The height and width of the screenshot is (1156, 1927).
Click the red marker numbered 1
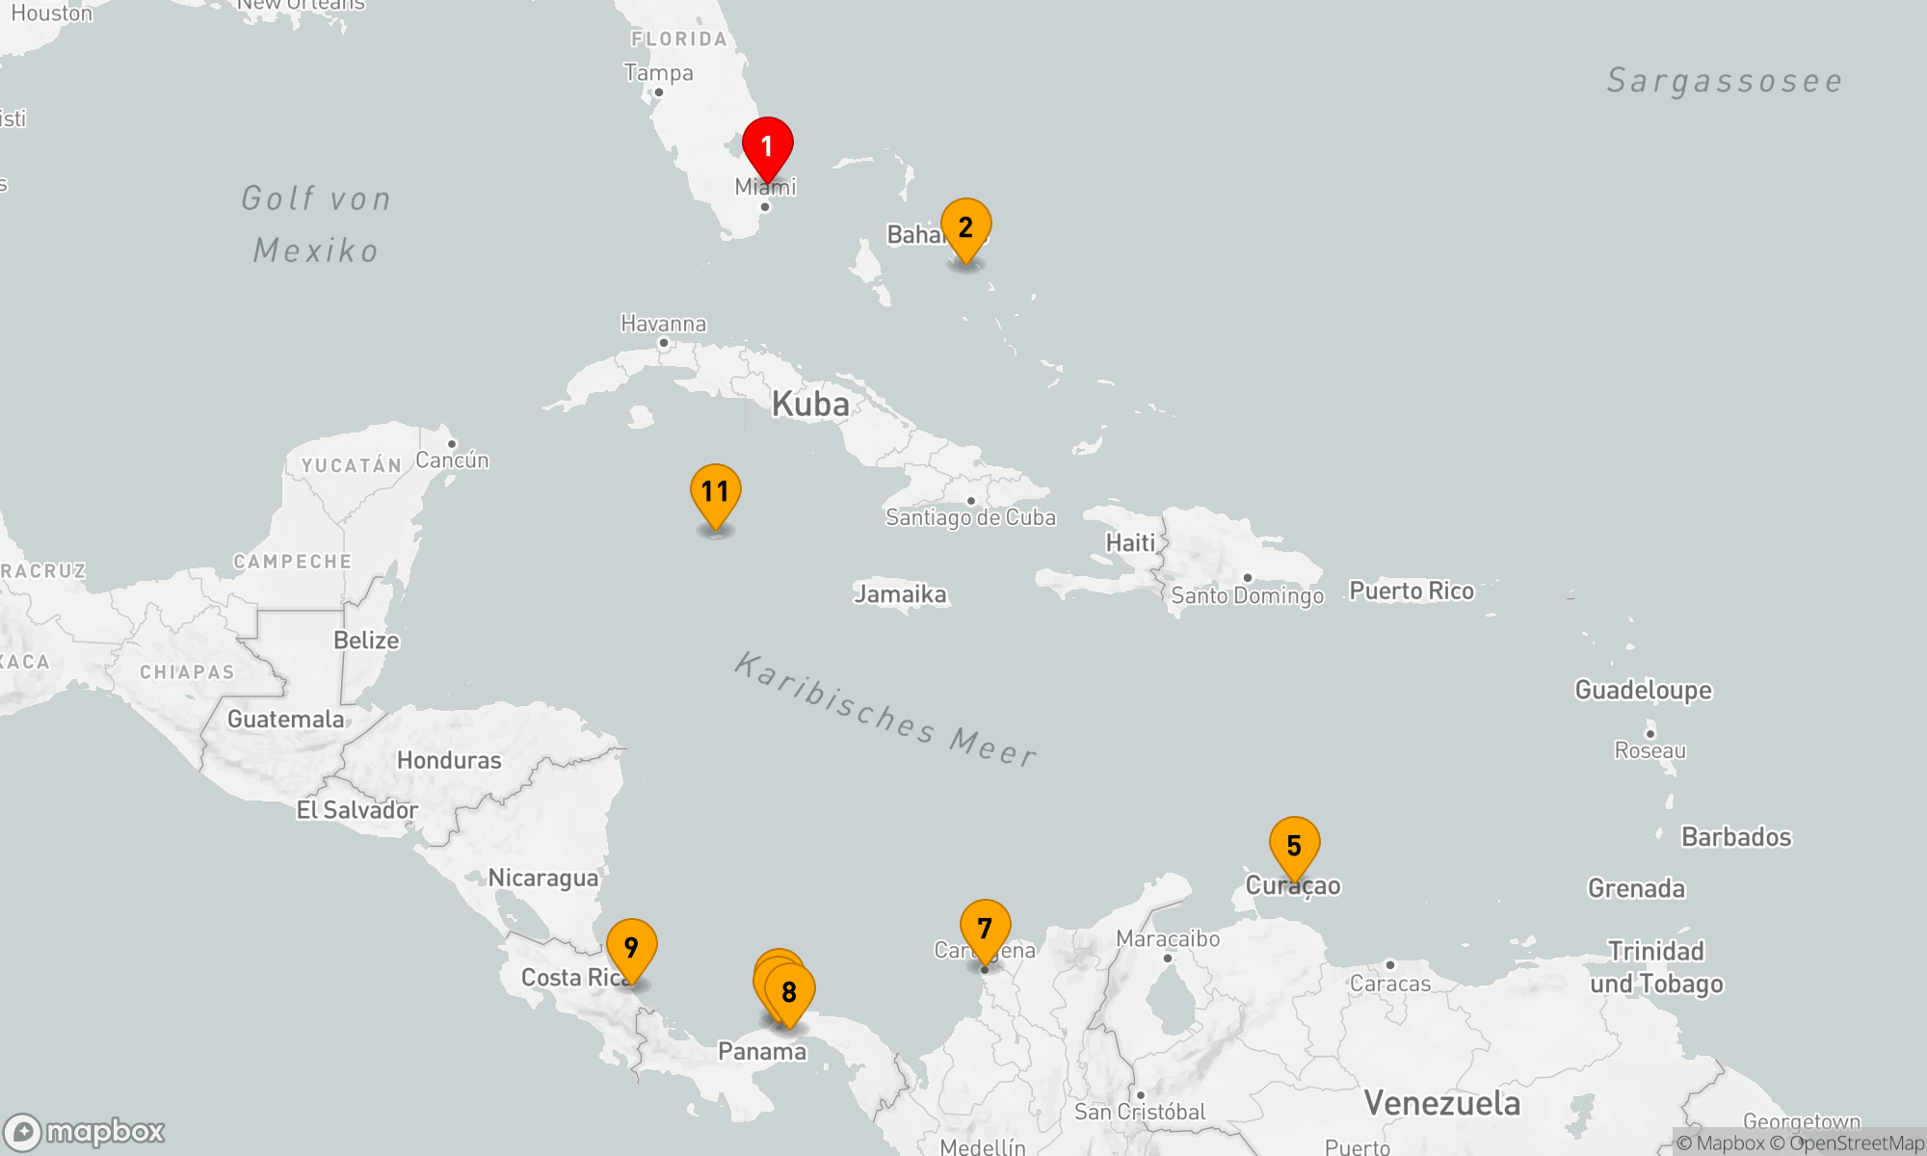(x=767, y=146)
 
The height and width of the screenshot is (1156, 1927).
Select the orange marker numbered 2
(x=965, y=227)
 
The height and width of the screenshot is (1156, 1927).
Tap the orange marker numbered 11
(x=715, y=492)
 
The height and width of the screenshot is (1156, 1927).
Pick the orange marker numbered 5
(x=1294, y=846)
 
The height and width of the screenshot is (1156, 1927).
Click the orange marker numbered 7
(x=985, y=929)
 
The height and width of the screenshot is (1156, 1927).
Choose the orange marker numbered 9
(x=631, y=948)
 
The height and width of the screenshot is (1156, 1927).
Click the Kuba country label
(x=810, y=404)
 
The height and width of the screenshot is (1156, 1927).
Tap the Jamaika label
(x=900, y=594)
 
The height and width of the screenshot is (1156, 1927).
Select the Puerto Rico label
(x=1411, y=591)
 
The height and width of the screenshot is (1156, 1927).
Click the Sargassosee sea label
(x=1724, y=81)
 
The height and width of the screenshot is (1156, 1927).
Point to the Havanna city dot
(x=663, y=343)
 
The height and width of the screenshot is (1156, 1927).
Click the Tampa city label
(x=658, y=73)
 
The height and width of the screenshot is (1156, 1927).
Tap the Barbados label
(x=1735, y=836)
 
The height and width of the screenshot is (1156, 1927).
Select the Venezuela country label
(x=1441, y=1103)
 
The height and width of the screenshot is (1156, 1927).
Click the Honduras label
(x=449, y=760)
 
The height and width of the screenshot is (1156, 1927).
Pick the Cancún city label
(x=452, y=460)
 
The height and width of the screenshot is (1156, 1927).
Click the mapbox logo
(x=85, y=1131)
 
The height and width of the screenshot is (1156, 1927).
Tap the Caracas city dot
(x=1389, y=964)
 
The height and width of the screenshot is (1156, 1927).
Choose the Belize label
(x=366, y=641)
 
